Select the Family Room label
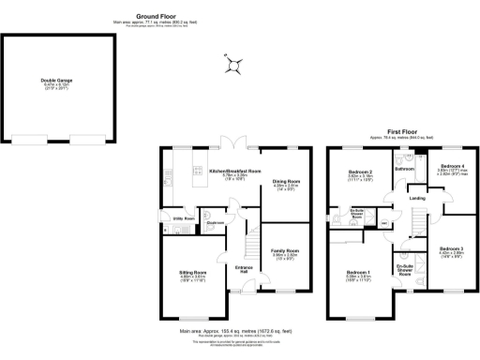click(x=285, y=251)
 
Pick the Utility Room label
click(x=184, y=218)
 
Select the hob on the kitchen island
click(x=199, y=171)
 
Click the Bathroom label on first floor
click(x=404, y=169)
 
